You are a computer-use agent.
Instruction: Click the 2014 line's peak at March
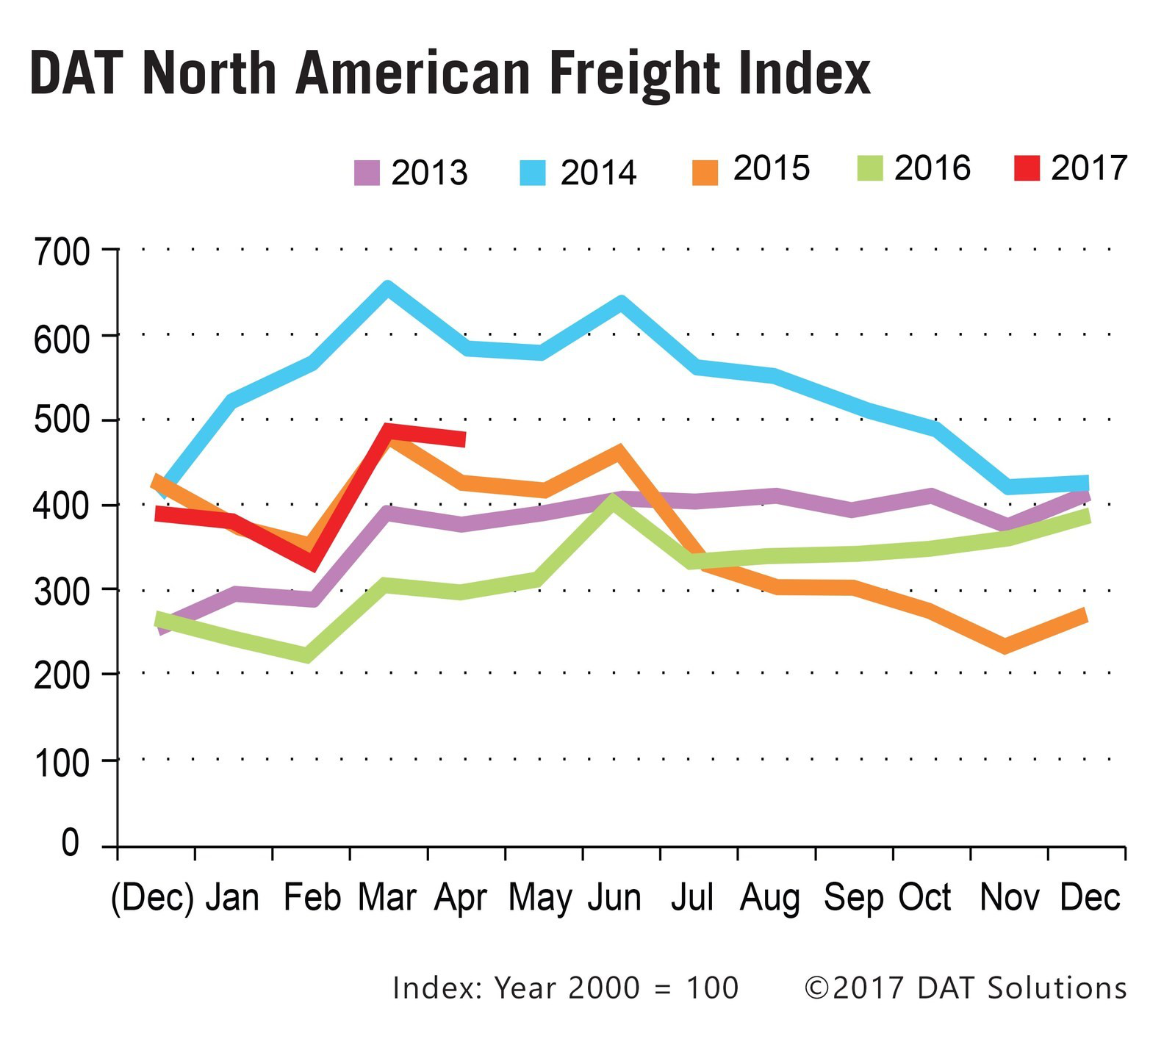click(x=388, y=288)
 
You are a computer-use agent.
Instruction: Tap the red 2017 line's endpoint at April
click(x=464, y=439)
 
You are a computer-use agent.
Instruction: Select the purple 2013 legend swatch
click(x=367, y=173)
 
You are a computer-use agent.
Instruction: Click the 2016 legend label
click(x=932, y=168)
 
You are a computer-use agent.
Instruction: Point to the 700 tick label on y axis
click(x=62, y=253)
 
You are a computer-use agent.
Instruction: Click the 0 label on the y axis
click(x=69, y=844)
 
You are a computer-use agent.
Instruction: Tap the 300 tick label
click(x=62, y=592)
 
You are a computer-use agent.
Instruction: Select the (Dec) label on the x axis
click(x=152, y=898)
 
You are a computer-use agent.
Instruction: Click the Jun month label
click(x=614, y=898)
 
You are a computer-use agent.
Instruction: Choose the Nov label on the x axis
click(x=1009, y=898)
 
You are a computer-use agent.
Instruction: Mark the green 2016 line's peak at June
click(x=613, y=503)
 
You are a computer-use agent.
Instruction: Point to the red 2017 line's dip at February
click(x=312, y=562)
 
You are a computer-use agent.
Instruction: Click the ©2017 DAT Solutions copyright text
click(x=965, y=988)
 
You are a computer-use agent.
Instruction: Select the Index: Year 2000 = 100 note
click(x=565, y=988)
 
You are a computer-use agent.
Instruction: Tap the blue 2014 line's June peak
click(x=620, y=302)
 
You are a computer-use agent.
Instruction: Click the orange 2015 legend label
click(x=771, y=168)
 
